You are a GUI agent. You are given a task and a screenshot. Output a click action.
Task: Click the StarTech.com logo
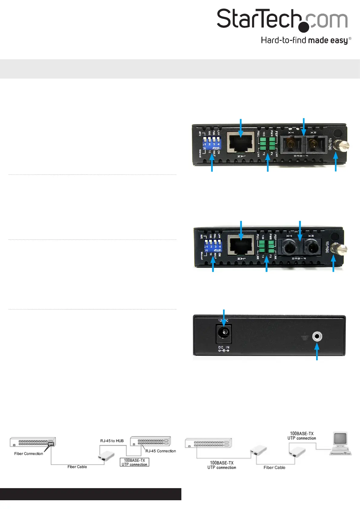[x=282, y=20]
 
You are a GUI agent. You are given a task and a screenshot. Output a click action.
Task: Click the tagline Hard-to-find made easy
[x=305, y=41]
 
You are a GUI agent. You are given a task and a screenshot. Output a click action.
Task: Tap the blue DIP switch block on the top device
[x=212, y=143]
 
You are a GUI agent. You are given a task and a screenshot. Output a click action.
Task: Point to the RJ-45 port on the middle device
[x=241, y=245]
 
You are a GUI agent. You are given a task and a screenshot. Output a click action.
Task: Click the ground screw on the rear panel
[x=317, y=336]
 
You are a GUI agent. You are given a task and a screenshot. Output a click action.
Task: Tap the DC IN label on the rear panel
[x=224, y=348]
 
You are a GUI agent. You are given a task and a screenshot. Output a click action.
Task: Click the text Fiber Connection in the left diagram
[x=29, y=454]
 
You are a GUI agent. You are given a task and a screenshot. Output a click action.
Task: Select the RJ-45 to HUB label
[x=112, y=441]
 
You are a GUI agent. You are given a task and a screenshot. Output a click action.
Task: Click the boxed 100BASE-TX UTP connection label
[x=135, y=462]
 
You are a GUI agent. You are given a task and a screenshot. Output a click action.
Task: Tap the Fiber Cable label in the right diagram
[x=274, y=468]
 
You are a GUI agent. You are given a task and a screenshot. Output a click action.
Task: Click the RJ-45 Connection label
[x=161, y=451]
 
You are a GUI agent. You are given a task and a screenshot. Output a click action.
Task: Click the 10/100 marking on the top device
[x=330, y=144]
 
